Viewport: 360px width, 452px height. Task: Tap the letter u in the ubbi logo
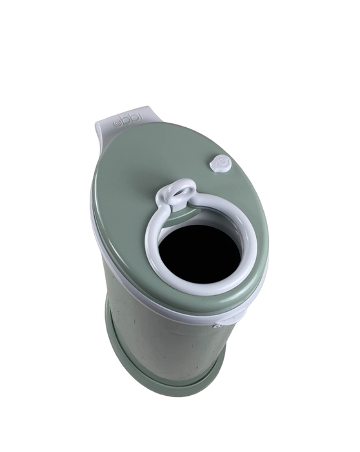116,123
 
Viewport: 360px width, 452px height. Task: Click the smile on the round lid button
220,164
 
